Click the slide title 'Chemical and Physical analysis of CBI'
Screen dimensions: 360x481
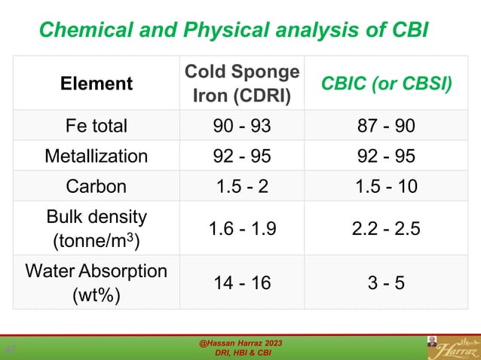233,30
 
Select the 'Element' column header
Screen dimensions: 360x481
97,84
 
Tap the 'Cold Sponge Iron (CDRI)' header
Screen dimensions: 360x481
241,84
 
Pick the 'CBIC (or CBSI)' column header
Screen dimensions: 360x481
387,84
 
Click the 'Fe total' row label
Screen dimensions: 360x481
97,125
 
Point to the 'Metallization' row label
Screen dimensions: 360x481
97,156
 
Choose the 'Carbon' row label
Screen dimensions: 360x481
97,186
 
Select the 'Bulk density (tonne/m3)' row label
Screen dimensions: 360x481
97,228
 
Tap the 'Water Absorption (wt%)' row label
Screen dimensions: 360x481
97,282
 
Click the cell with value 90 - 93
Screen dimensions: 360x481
241,125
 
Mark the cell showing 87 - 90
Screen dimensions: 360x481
387,125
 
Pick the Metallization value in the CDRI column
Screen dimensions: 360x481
241,156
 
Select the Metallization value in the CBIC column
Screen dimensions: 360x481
387,156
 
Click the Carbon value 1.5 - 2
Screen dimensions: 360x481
241,186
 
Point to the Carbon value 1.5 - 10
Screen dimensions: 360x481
387,186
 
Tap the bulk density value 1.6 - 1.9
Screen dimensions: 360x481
241,228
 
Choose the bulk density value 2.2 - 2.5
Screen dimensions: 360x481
387,228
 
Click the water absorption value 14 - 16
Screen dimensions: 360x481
241,282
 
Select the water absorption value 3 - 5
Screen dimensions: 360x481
387,282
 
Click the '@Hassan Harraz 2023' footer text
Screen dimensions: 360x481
240,343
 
